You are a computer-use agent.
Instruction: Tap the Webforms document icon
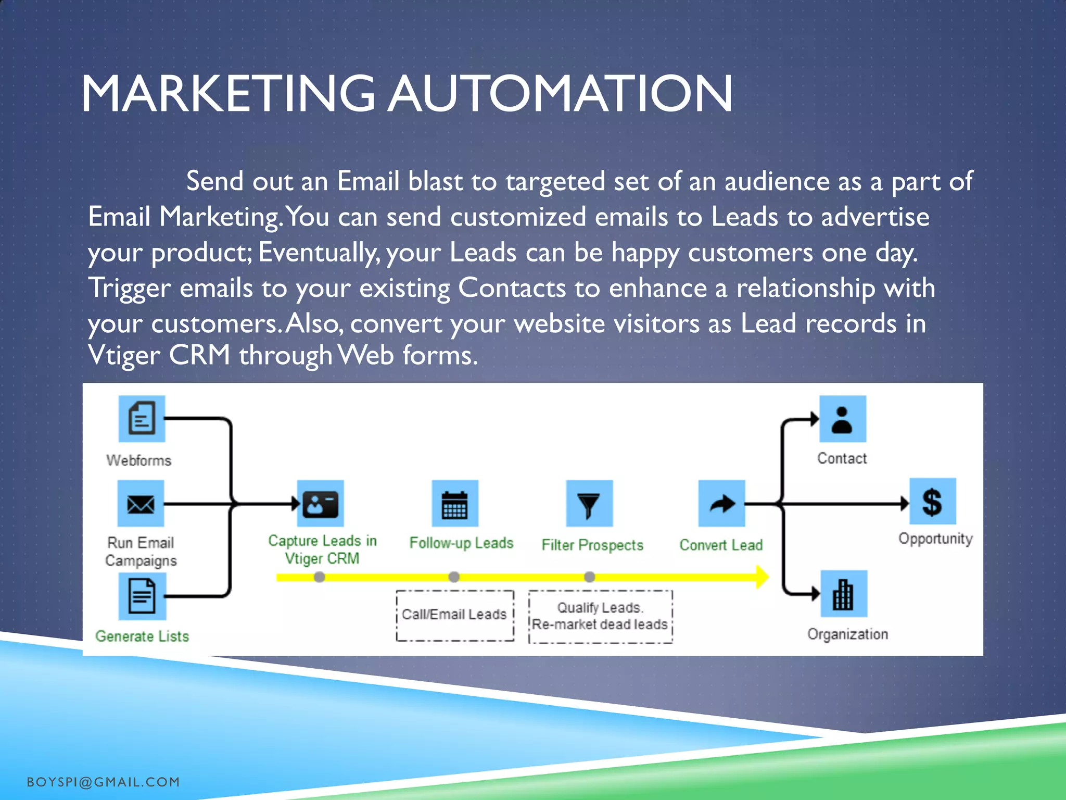click(142, 418)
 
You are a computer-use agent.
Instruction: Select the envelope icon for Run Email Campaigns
click(141, 504)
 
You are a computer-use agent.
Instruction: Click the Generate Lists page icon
click(142, 596)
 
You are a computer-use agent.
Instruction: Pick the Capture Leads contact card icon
click(320, 504)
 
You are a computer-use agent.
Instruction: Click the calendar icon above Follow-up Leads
click(454, 504)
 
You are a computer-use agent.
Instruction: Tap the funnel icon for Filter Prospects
click(589, 504)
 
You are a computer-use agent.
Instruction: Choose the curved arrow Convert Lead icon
click(721, 504)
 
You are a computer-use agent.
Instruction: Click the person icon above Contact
click(842, 419)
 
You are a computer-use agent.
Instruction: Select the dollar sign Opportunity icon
click(932, 502)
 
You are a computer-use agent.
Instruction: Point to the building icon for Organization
click(843, 594)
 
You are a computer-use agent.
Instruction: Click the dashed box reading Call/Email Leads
click(454, 615)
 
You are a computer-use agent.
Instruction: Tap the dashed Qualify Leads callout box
click(600, 616)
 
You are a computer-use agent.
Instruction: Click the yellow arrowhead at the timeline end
click(762, 577)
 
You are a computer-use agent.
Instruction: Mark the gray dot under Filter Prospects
click(589, 577)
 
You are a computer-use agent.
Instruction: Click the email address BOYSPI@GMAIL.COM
click(103, 782)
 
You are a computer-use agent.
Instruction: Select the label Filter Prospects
click(592, 545)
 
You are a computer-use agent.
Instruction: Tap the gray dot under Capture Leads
click(320, 577)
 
